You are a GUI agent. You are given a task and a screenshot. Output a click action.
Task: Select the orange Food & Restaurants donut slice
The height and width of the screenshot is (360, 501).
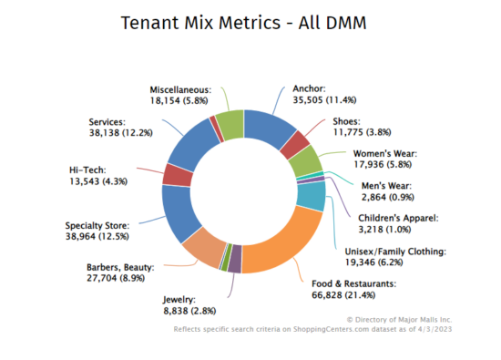click(273, 245)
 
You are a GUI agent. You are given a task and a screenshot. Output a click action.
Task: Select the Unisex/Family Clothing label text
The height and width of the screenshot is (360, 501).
click(394, 251)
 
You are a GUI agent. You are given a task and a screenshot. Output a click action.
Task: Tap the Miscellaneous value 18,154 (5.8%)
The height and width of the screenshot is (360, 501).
click(180, 102)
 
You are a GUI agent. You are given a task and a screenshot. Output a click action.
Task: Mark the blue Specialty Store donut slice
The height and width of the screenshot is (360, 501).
click(179, 208)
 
